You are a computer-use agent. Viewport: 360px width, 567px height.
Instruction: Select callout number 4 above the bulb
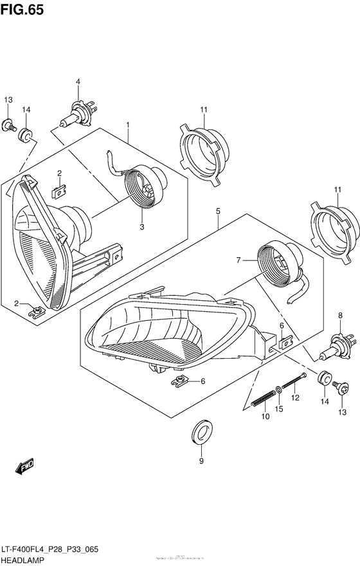point(78,82)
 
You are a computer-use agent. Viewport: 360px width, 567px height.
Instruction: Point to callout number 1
point(128,124)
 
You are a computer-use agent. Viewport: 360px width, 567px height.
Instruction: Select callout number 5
point(218,210)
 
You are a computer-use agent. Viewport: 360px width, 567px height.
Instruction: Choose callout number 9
point(201,461)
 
